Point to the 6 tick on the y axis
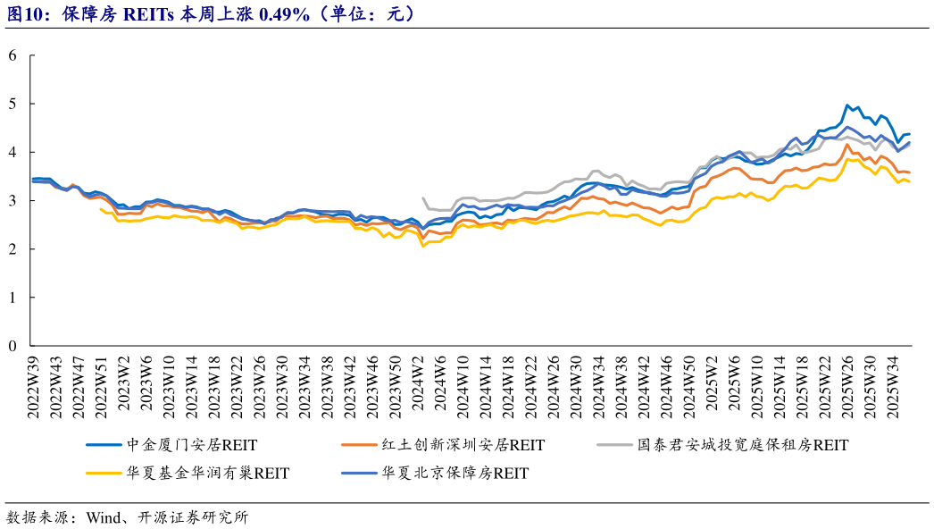click(x=13, y=55)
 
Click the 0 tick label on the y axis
click(x=13, y=346)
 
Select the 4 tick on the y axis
click(x=13, y=152)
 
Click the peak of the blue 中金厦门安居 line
click(x=846, y=105)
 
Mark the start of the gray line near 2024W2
click(x=422, y=198)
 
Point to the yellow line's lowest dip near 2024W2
click(x=422, y=245)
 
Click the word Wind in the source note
click(x=102, y=517)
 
